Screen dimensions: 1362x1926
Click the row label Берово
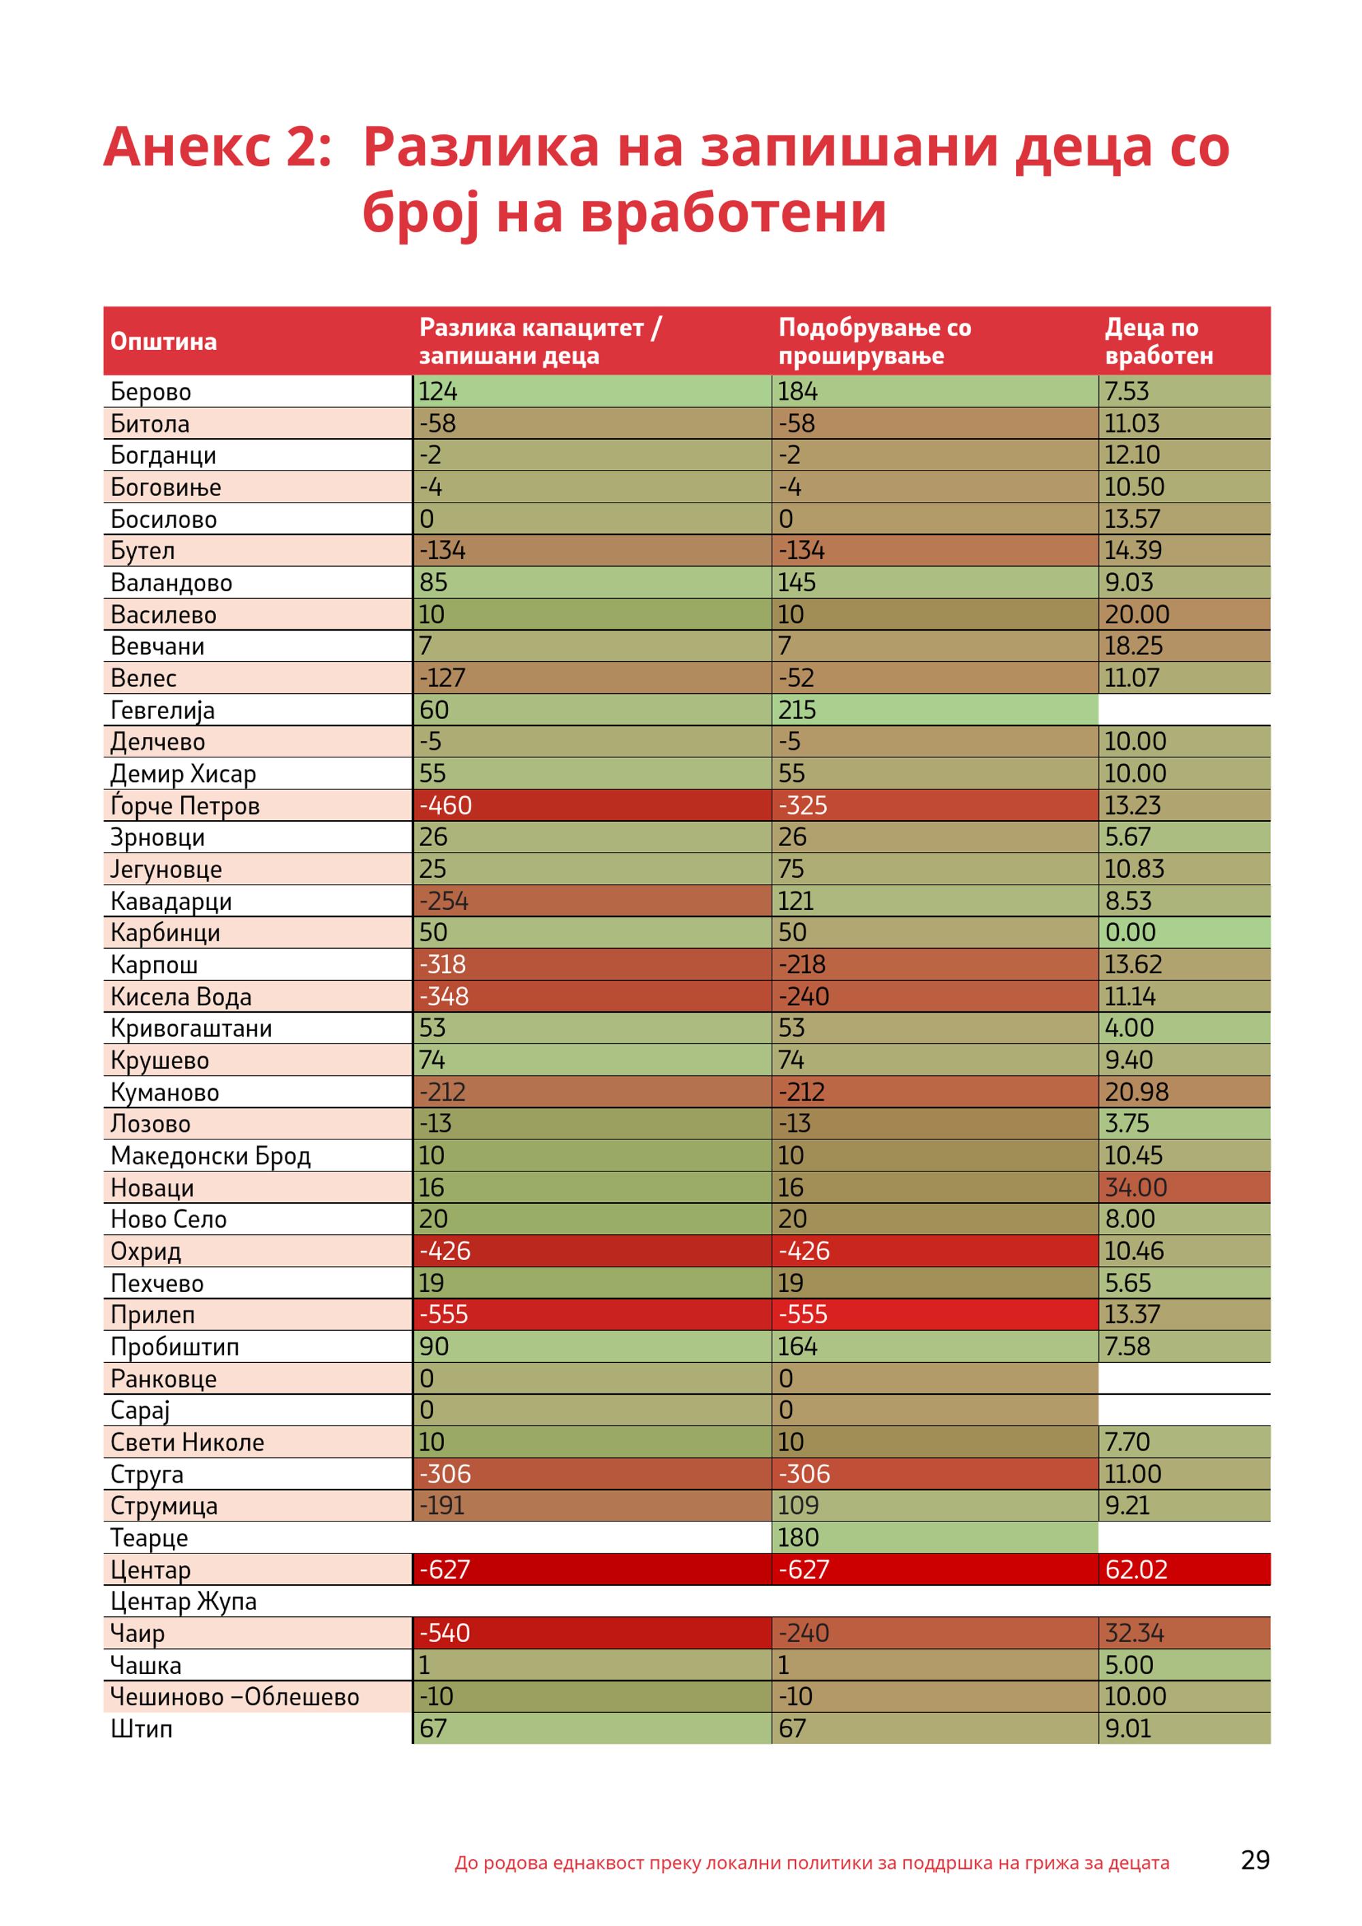tap(151, 392)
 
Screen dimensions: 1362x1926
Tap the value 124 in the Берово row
tap(438, 391)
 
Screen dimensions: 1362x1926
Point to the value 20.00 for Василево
tap(1137, 614)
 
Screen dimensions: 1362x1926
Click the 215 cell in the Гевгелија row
tap(797, 710)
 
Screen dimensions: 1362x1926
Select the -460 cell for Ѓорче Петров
tap(445, 805)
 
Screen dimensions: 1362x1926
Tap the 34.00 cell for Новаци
tap(1135, 1187)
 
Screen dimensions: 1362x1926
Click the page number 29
tap(1256, 1861)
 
